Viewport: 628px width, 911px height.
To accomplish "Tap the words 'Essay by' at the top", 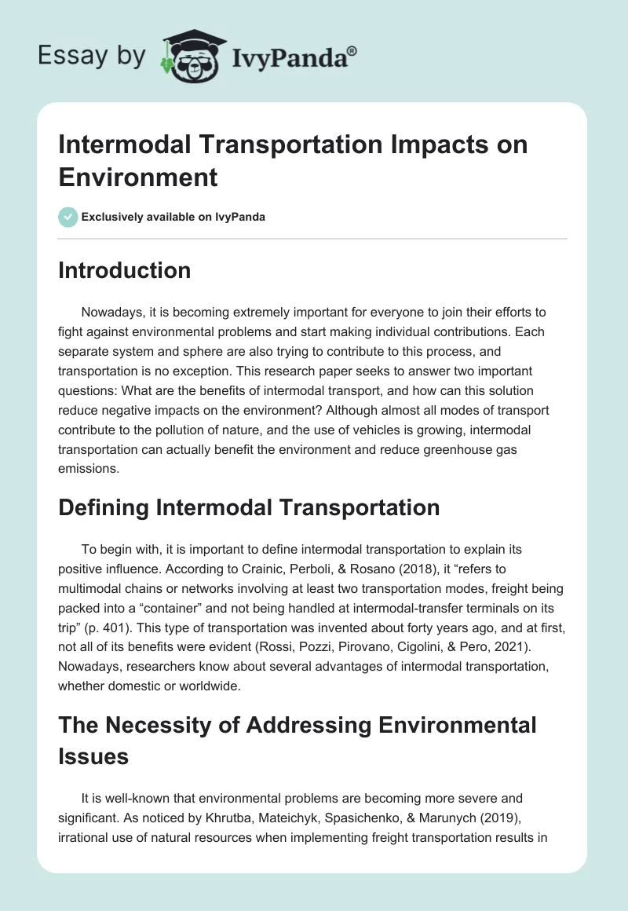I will click(92, 57).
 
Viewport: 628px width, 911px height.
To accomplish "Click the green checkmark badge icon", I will click(68, 217).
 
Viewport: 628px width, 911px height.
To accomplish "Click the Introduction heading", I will click(125, 270).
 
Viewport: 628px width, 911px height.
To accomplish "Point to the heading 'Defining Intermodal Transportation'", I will click(249, 507).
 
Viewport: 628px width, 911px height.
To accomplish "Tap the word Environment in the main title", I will click(138, 177).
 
